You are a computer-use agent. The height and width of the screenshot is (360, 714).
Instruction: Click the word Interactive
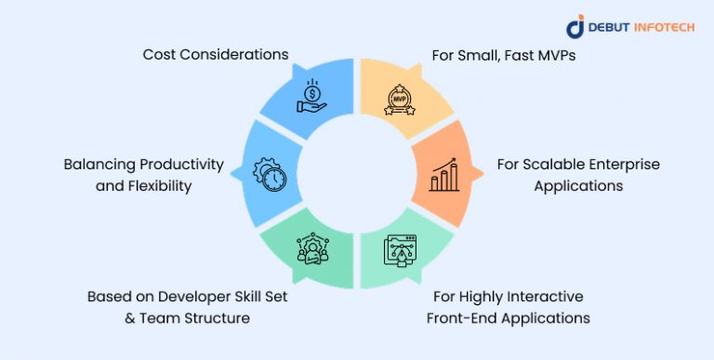click(540, 297)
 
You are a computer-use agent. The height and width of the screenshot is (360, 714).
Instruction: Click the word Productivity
click(177, 165)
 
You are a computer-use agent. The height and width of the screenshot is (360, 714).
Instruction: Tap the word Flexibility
click(158, 185)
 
